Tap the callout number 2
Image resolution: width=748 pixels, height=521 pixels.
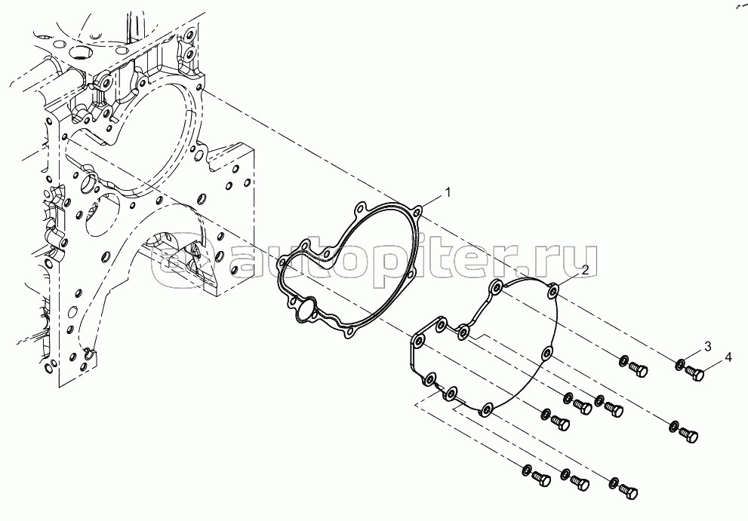(584, 270)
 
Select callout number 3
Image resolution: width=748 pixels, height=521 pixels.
(707, 346)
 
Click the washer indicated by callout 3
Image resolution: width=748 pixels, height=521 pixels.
(680, 366)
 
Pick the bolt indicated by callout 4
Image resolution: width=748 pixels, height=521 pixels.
(697, 372)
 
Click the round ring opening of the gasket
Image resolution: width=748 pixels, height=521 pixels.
(305, 309)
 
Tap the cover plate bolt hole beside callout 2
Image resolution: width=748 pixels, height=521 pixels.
(553, 290)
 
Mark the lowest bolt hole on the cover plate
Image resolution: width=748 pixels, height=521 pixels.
(485, 409)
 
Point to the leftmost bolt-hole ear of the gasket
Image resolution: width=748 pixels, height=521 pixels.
(282, 261)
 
